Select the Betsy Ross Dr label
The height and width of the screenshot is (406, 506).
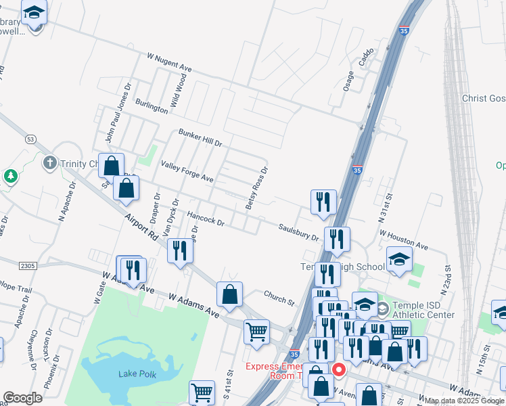(x=257, y=187)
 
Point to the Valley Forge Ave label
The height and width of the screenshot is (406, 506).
(x=187, y=171)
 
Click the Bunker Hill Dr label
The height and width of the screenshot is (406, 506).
(x=200, y=138)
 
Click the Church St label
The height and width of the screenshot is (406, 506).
(x=279, y=297)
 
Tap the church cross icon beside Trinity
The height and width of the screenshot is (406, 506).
(x=49, y=163)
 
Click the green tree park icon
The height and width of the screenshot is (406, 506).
(x=10, y=177)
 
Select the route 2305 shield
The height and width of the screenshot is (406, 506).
(x=27, y=266)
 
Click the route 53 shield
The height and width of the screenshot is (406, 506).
(x=30, y=139)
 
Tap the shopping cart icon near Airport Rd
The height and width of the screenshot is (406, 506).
(x=256, y=332)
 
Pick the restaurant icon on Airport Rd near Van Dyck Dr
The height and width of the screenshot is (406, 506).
(x=180, y=250)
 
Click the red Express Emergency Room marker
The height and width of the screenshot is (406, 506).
(x=338, y=370)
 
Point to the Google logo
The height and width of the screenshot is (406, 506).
(x=23, y=398)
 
